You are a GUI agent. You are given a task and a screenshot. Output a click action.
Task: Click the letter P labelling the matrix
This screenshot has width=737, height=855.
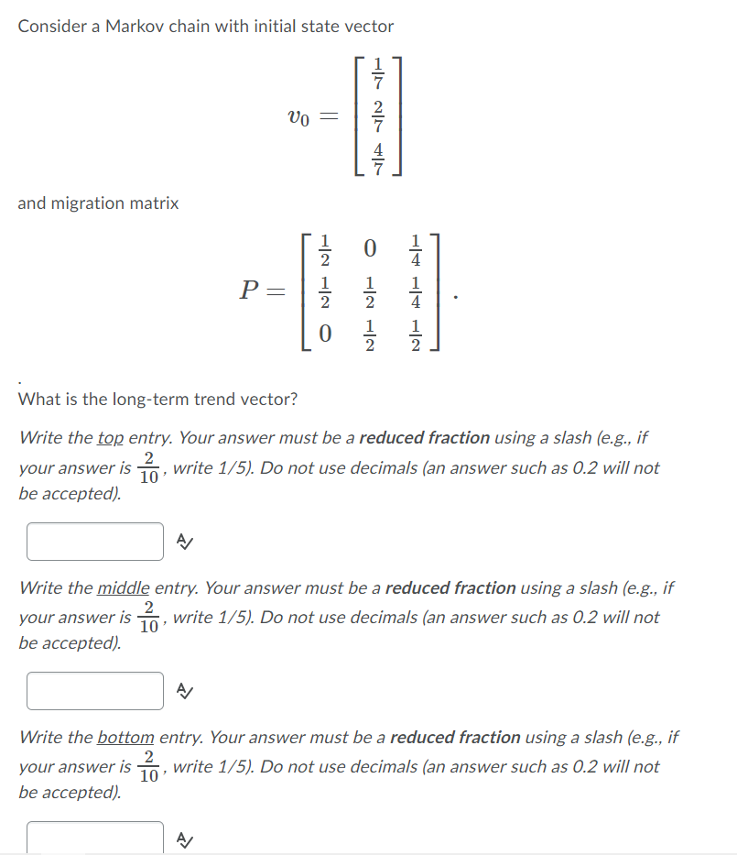(x=247, y=291)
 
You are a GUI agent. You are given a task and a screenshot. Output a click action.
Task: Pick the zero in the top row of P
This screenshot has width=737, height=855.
(x=370, y=248)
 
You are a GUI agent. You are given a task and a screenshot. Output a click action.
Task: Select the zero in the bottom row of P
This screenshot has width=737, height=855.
(x=324, y=335)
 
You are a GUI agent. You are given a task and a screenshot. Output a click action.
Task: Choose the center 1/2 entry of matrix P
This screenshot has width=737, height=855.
(x=370, y=292)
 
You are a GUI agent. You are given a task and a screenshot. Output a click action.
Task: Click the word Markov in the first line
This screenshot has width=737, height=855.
(x=132, y=27)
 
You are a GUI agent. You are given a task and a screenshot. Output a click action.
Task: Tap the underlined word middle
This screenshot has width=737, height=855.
(x=123, y=588)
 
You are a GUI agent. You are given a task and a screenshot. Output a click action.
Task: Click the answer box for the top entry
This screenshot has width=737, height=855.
(x=95, y=541)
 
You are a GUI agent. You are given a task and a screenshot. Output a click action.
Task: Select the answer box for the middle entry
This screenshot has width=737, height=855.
(x=95, y=691)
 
